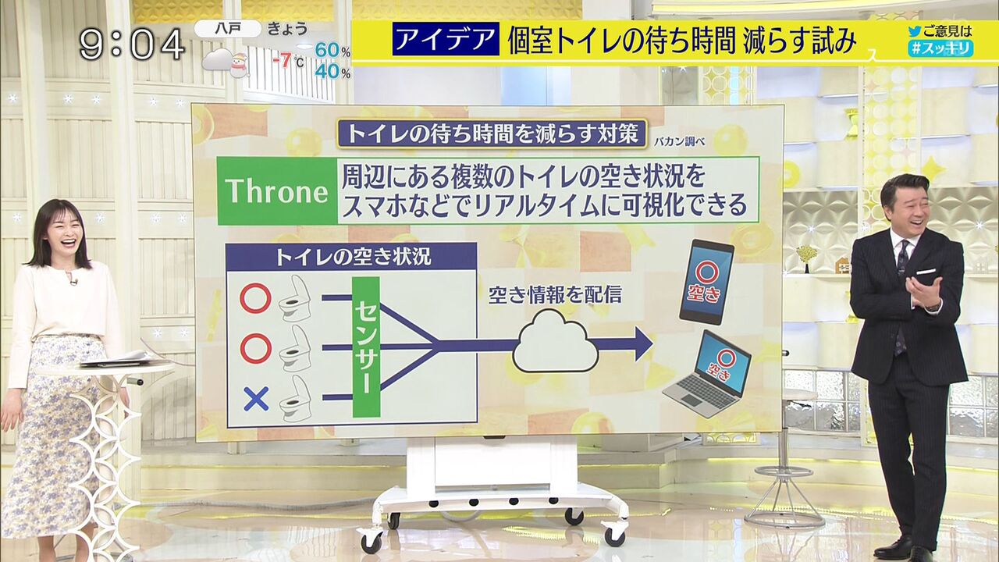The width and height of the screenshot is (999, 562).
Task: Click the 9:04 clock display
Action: coord(132,44)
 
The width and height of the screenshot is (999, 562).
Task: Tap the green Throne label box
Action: coord(277,191)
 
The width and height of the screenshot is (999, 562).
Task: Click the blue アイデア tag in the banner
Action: coord(446,39)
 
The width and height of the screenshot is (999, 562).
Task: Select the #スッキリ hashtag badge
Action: coord(940,48)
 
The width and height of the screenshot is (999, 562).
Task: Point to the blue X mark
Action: coord(256,399)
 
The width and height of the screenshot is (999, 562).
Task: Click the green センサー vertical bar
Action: coord(366,347)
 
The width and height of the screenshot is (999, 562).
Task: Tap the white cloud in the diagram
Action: coord(555,342)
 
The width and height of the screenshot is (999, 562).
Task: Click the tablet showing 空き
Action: coord(706,282)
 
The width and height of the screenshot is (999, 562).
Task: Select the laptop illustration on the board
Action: coord(707,374)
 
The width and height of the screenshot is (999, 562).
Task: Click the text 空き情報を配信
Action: coord(555,295)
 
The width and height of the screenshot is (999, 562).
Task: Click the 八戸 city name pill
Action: coord(228,29)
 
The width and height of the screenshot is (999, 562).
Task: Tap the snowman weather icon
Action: coord(239,65)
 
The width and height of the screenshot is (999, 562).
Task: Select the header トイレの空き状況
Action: coord(353,257)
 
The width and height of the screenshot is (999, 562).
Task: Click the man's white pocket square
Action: coord(926,271)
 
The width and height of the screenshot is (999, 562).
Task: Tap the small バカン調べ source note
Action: coord(680,142)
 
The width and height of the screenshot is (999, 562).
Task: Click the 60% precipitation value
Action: coord(332,51)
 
